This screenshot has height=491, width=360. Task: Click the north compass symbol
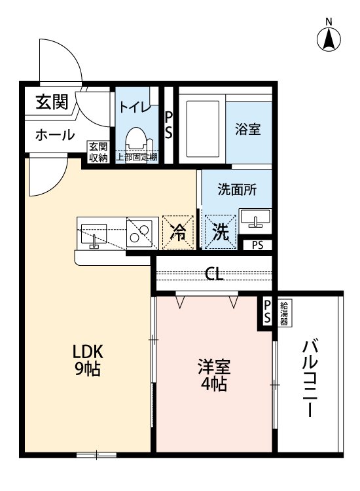pyautogui.click(x=329, y=38)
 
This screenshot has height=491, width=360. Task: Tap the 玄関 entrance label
pyautogui.click(x=52, y=102)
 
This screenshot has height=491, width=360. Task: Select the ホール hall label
pyautogui.click(x=54, y=135)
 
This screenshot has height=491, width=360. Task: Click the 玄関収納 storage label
pyautogui.click(x=98, y=151)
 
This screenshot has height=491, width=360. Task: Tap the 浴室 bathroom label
pyautogui.click(x=248, y=129)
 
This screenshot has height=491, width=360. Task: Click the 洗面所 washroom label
pyautogui.click(x=237, y=190)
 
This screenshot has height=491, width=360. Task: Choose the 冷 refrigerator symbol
pyautogui.click(x=178, y=232)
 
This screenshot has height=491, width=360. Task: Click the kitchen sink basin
pyautogui.click(x=93, y=232)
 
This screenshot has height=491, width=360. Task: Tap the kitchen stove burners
pyautogui.click(x=139, y=232)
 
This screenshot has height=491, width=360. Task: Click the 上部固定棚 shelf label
pyautogui.click(x=137, y=157)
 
